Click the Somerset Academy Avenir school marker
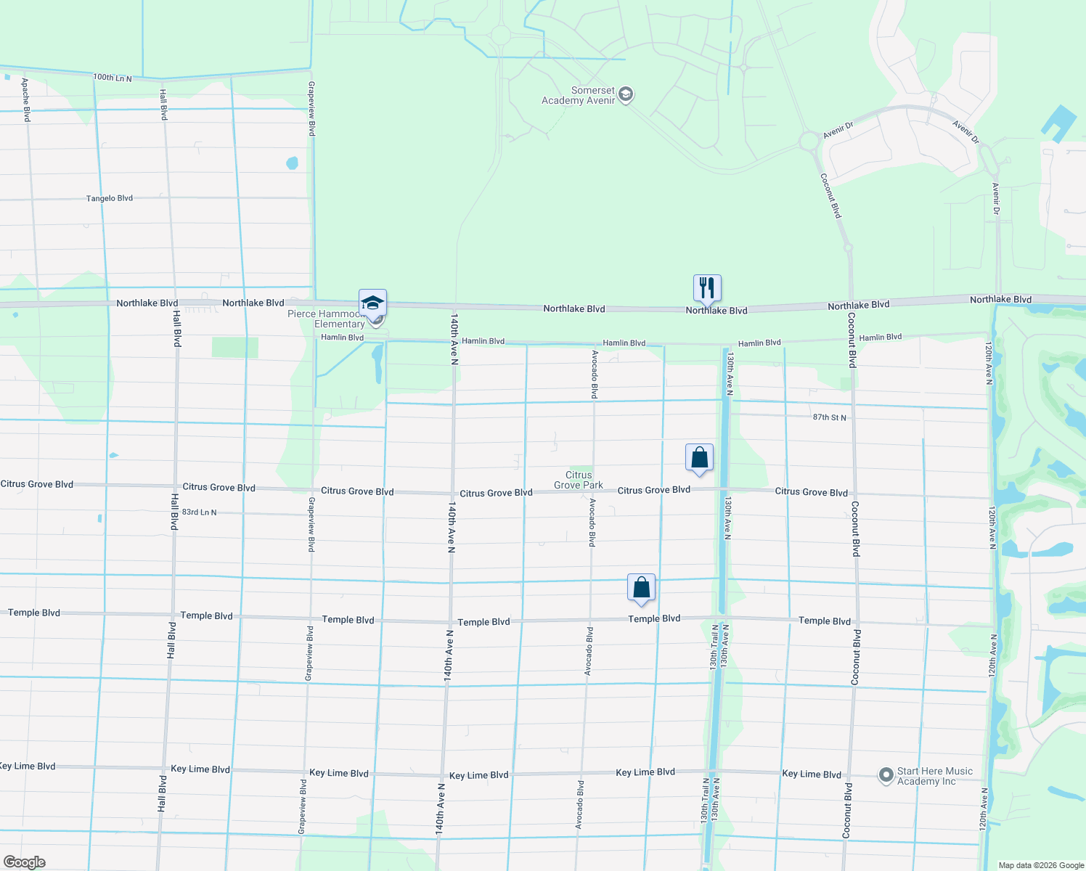pyautogui.click(x=626, y=94)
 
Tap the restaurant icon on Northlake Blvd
pyautogui.click(x=707, y=288)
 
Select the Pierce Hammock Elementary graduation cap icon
pyautogui.click(x=372, y=303)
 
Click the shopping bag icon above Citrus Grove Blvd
pyautogui.click(x=700, y=458)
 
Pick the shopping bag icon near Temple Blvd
pyautogui.click(x=642, y=588)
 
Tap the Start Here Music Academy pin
pyautogui.click(x=886, y=776)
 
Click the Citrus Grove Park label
pyautogui.click(x=579, y=480)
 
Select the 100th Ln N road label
pyautogui.click(x=113, y=77)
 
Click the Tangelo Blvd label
pyautogui.click(x=110, y=198)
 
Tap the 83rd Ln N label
pyautogui.click(x=199, y=512)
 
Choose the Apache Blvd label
pyautogui.click(x=25, y=100)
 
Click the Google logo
pyautogui.click(x=24, y=862)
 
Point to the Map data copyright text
pyautogui.click(x=1041, y=865)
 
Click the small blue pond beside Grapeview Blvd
pyautogui.click(x=292, y=163)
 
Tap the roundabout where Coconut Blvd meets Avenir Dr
pyautogui.click(x=809, y=141)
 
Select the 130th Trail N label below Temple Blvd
pyautogui.click(x=714, y=647)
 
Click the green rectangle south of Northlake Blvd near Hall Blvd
pyautogui.click(x=234, y=347)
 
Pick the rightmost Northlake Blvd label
pyautogui.click(x=1000, y=299)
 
